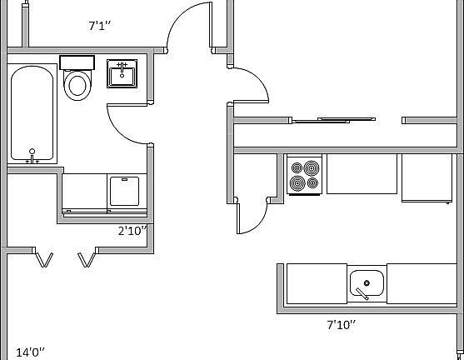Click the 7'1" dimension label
(x=99, y=26)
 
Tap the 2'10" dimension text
(x=132, y=231)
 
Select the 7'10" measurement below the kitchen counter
(x=341, y=325)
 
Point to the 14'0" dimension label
(x=30, y=352)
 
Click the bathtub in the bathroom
(x=32, y=113)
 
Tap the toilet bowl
(x=77, y=85)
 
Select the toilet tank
(x=77, y=62)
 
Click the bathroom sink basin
(x=122, y=73)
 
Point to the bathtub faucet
(x=32, y=156)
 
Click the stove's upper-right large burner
(x=312, y=168)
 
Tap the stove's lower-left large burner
(x=297, y=183)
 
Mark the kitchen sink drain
(x=367, y=283)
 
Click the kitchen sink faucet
(x=362, y=293)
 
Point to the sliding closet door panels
(x=334, y=120)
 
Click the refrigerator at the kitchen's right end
(x=427, y=178)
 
